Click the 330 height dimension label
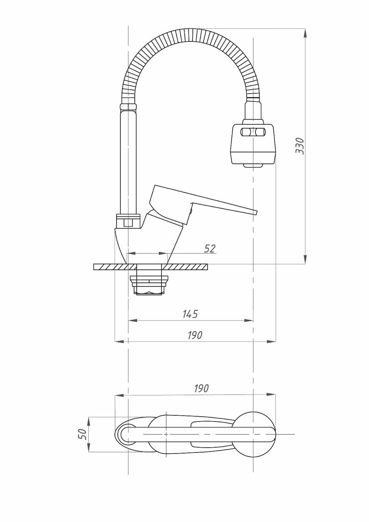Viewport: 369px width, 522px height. [x=300, y=146]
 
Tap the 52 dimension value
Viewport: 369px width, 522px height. [x=210, y=249]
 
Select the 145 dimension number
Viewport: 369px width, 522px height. [x=190, y=315]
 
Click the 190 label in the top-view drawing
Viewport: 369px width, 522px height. [x=201, y=388]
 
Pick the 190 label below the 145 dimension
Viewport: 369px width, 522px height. [x=195, y=335]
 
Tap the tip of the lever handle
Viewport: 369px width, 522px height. [x=256, y=212]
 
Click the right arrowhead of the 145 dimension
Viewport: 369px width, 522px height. [x=248, y=321]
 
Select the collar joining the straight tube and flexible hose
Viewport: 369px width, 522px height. [x=128, y=107]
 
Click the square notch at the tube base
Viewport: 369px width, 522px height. [x=128, y=223]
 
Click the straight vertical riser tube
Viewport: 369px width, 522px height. [x=128, y=162]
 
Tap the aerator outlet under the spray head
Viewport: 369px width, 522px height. [x=253, y=165]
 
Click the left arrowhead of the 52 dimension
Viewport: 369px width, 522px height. [x=132, y=253]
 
